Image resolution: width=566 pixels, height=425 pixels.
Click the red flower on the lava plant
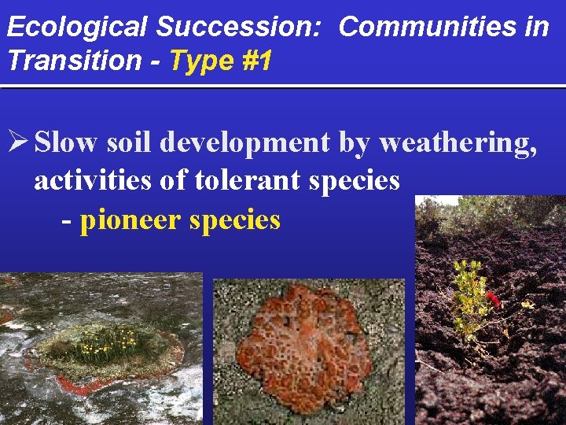(493, 297)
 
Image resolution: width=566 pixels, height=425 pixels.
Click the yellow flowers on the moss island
(102, 340)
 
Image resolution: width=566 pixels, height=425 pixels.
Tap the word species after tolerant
(355, 180)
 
